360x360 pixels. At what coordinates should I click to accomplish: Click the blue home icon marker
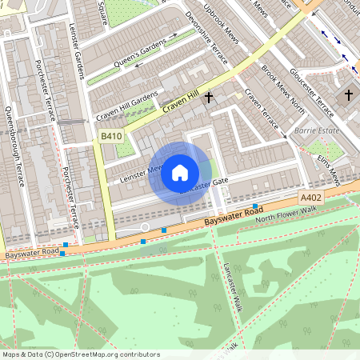click(x=180, y=172)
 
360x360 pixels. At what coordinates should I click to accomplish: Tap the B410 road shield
click(x=112, y=138)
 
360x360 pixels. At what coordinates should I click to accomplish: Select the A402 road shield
click(x=311, y=197)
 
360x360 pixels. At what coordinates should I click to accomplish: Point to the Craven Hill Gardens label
click(x=127, y=107)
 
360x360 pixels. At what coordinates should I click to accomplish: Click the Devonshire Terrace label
click(x=206, y=48)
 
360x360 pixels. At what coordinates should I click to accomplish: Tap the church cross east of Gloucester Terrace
click(x=348, y=95)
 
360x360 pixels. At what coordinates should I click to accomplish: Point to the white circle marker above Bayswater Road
click(x=145, y=228)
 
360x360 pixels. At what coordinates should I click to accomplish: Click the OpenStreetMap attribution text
click(x=80, y=354)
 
